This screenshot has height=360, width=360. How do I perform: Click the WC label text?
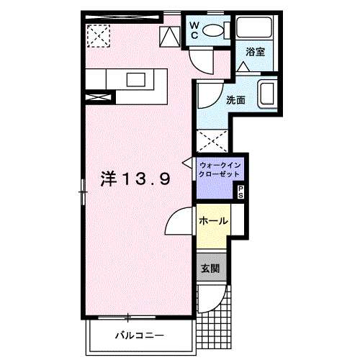click(x=194, y=30)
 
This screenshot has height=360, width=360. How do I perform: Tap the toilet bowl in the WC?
click(x=213, y=31)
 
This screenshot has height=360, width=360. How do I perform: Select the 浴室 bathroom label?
click(x=255, y=51)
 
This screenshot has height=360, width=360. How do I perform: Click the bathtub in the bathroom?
click(x=254, y=27)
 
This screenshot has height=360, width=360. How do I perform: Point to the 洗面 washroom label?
click(x=235, y=100)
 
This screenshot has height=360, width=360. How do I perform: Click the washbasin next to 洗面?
click(x=266, y=94)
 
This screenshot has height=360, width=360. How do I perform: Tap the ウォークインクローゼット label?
click(x=220, y=170)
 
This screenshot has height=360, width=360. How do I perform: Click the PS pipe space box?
click(x=240, y=192)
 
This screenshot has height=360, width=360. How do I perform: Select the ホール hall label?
click(x=213, y=220)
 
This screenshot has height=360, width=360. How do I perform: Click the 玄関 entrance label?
click(x=210, y=269)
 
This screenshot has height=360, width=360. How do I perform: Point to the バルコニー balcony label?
click(x=140, y=335)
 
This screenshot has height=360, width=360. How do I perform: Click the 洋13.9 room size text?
click(x=135, y=179)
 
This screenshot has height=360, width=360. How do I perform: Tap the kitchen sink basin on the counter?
click(x=136, y=80)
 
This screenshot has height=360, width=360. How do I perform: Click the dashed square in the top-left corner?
click(x=99, y=36)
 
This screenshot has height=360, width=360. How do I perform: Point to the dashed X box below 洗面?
click(x=212, y=141)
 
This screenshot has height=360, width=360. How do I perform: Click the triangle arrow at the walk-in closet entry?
click(x=187, y=163)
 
